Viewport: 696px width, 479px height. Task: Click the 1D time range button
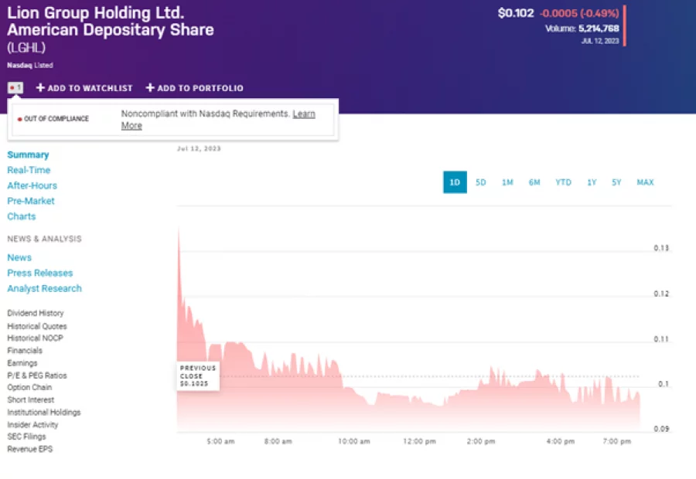(455, 182)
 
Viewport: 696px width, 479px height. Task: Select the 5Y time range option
(616, 182)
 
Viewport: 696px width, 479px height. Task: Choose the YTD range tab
(563, 182)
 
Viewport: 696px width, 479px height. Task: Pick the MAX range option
(645, 182)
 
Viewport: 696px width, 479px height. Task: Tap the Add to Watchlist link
(84, 88)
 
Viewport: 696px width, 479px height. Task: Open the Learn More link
(303, 114)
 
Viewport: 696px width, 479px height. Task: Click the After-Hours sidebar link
(32, 185)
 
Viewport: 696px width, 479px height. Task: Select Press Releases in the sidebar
(39, 273)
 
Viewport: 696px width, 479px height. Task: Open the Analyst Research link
(44, 288)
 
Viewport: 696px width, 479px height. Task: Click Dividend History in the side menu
(36, 313)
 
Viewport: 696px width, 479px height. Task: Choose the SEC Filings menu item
(25, 437)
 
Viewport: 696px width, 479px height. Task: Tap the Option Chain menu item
(30, 387)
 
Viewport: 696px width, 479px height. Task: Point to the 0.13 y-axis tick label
(660, 249)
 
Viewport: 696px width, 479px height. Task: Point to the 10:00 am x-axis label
(353, 442)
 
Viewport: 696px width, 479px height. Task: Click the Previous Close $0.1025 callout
(197, 375)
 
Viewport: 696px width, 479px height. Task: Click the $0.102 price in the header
(516, 13)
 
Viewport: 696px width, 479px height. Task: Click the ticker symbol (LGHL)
(26, 48)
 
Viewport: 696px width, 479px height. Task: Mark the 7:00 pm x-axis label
(616, 442)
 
